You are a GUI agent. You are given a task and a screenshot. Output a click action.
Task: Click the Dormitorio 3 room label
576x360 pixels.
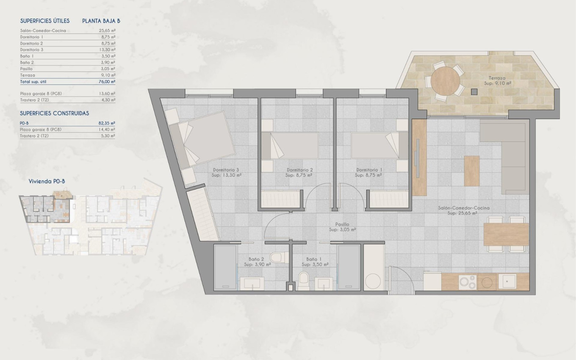pos(227,169)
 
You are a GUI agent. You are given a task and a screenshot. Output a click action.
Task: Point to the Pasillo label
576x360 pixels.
pos(342,224)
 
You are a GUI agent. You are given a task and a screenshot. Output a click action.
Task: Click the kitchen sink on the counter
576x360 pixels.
pos(507,281)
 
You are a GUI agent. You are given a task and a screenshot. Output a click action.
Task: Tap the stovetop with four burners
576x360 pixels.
pos(468,282)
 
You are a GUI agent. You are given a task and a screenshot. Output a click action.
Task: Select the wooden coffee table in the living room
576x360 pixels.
pos(472,171)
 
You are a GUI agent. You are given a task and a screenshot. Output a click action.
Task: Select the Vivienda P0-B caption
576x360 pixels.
pos(47,181)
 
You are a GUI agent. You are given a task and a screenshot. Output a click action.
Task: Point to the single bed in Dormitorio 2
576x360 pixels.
pos(290,146)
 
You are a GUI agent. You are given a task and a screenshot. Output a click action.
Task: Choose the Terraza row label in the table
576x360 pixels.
pos(28,75)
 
